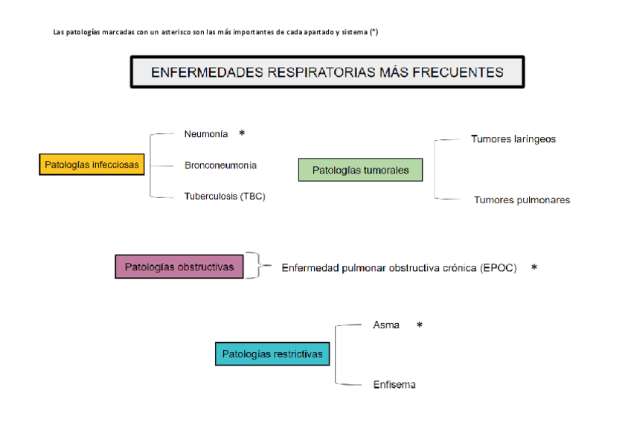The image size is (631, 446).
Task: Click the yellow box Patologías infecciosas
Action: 92,165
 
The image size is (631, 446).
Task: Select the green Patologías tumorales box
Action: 360,170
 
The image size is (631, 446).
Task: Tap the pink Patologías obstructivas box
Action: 179,267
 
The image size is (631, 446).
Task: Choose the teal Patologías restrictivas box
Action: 272,354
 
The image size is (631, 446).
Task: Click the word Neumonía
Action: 206,134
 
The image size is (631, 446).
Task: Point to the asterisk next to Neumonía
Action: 242,133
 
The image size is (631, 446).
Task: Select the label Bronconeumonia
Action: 220,165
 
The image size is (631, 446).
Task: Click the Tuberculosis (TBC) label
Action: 225,197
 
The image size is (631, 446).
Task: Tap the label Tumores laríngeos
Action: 513,139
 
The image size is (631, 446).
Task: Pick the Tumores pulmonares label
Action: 522,200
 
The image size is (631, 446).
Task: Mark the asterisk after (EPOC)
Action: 534,267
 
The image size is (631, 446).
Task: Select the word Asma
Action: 386,325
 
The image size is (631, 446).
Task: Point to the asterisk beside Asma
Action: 420,325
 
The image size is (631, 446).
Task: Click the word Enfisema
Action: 394,385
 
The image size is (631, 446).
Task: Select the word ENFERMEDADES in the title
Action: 196,72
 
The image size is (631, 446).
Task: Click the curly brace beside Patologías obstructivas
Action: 256,265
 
